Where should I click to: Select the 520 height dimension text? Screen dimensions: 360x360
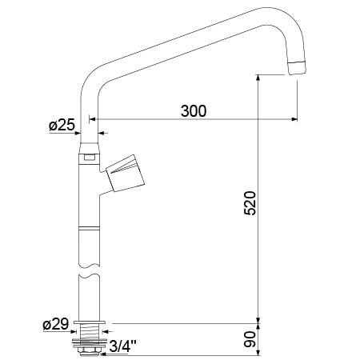tap(248, 206)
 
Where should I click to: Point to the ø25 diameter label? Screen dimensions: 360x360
tap(62, 125)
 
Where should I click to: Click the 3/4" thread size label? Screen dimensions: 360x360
tap(122, 346)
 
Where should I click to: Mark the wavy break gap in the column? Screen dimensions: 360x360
tap(89, 270)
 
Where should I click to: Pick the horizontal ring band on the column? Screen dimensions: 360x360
tap(89, 229)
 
